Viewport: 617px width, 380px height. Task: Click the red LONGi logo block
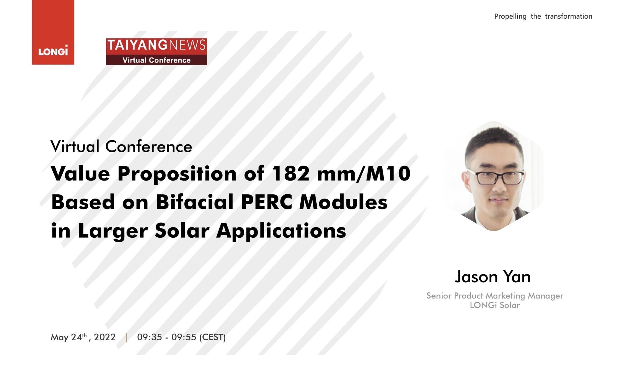click(53, 32)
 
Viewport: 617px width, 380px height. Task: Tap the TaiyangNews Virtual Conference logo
click(157, 51)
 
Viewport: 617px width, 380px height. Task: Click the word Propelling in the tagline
click(510, 17)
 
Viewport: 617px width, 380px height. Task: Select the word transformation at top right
click(568, 16)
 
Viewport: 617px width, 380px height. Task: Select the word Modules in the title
click(343, 202)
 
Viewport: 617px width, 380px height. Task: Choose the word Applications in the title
click(281, 231)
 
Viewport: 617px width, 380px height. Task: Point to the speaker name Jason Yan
click(493, 277)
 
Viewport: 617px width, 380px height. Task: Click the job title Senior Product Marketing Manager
click(495, 296)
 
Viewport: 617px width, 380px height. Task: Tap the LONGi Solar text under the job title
click(495, 305)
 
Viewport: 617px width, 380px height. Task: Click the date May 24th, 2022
click(83, 337)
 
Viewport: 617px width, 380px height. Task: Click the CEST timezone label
click(213, 337)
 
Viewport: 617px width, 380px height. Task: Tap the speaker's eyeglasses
click(496, 177)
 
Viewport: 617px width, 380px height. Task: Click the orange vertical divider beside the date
click(127, 337)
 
